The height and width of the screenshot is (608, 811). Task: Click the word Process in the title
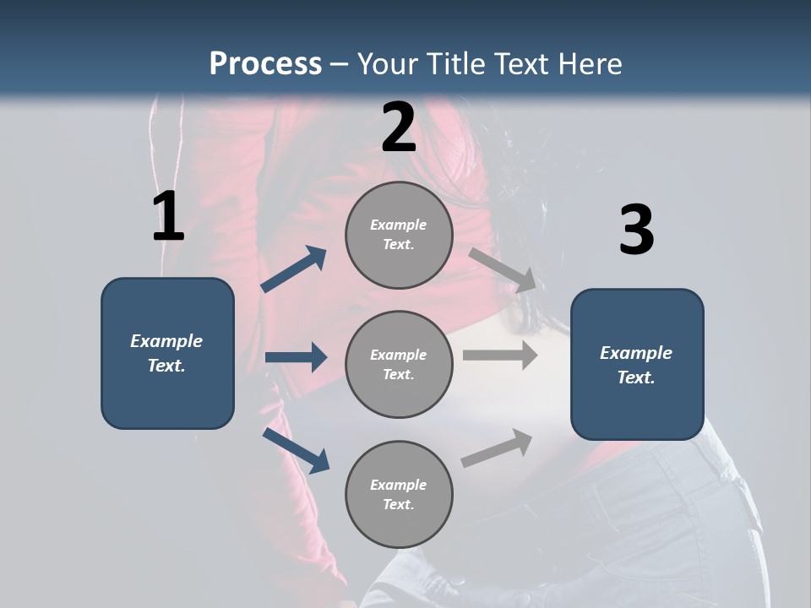pos(265,63)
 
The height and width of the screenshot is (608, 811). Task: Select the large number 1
pos(168,217)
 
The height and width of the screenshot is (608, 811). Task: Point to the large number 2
pos(399,128)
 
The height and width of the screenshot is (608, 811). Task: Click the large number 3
pos(636,231)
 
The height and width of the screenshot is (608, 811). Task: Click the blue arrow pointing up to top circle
pos(294,269)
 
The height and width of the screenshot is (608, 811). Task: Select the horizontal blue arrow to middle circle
pos(296,357)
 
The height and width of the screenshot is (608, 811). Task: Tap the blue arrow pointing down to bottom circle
pos(297,450)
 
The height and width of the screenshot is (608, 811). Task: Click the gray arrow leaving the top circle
pos(503,269)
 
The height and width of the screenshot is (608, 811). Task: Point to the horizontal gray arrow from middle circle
pos(500,356)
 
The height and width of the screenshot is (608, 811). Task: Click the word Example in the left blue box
pos(166,341)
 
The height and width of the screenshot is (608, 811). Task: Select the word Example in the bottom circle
pos(399,485)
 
